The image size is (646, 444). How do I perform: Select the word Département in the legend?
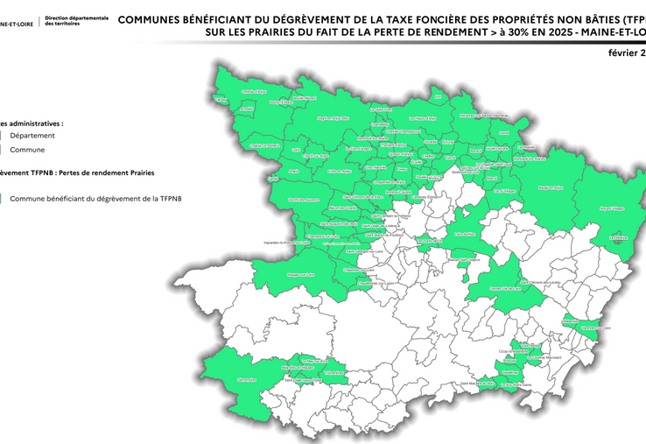(32, 136)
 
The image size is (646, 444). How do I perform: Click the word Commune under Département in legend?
(28, 150)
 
